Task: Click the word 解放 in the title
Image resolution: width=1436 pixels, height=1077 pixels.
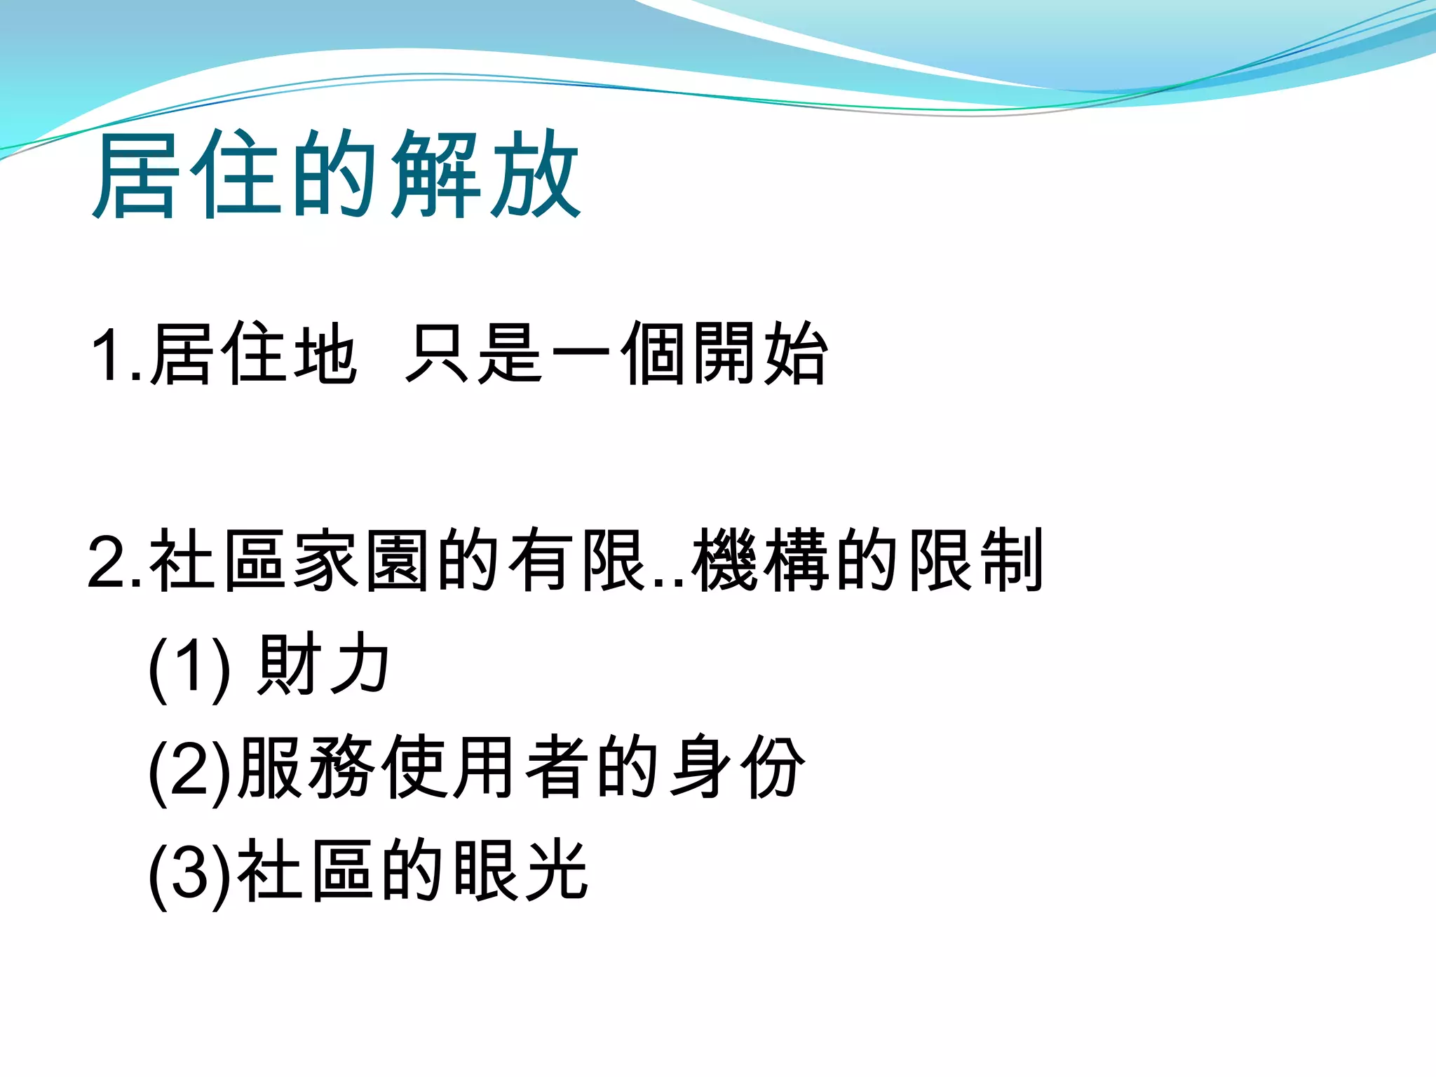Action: [x=486, y=175]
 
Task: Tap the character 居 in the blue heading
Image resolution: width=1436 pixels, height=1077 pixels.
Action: [x=135, y=175]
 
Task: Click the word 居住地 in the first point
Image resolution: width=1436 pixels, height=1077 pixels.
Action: [x=253, y=354]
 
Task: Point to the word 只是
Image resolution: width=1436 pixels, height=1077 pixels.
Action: [x=473, y=354]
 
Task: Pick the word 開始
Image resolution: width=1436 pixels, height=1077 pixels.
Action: [x=761, y=354]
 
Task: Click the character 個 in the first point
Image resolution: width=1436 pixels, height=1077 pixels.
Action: [x=653, y=354]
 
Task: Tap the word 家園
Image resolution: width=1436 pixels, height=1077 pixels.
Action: [x=361, y=560]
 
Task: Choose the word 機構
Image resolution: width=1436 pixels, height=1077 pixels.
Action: [x=761, y=560]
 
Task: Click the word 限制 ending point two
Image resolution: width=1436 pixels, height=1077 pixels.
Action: [x=976, y=560]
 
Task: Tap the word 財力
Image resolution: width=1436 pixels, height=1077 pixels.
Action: [x=323, y=664]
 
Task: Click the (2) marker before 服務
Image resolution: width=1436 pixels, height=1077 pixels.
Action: [x=189, y=769]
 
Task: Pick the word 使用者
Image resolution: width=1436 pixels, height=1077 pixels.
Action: [x=486, y=768]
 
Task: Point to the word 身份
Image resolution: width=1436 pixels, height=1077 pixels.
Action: [x=737, y=768]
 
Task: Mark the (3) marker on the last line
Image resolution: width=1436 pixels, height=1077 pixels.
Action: [x=189, y=873]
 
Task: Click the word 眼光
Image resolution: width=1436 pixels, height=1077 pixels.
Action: [x=520, y=872]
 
